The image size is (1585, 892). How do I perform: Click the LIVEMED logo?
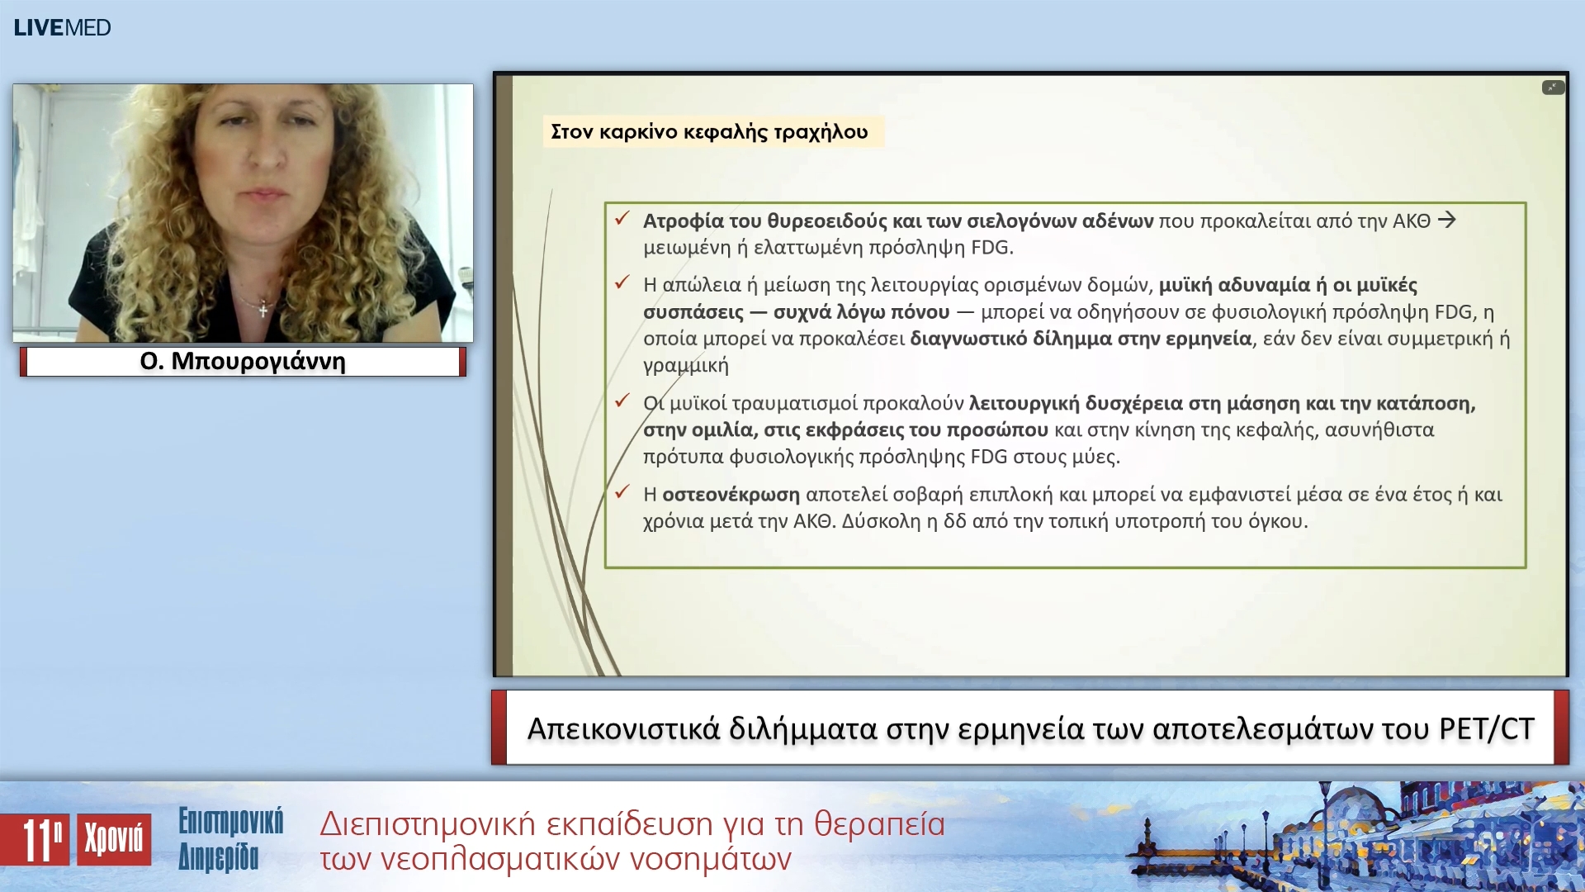[62, 27]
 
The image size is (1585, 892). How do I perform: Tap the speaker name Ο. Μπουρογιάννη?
[243, 362]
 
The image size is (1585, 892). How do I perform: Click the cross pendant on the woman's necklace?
[263, 311]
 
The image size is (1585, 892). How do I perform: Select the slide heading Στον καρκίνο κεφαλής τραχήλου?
[709, 132]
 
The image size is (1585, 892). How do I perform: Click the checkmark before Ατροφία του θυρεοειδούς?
[622, 219]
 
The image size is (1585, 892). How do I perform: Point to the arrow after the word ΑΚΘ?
[1446, 220]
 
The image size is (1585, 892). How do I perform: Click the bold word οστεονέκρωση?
[731, 495]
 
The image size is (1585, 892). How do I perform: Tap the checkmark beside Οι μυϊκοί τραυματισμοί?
[622, 401]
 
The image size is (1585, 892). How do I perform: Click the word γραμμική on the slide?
[686, 365]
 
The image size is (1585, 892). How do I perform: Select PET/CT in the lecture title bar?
[1486, 728]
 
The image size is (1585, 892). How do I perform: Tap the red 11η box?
[35, 840]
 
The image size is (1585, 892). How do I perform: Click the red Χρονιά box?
[114, 839]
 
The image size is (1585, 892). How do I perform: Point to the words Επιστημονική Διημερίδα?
[230, 839]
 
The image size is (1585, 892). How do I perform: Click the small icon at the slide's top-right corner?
[1553, 88]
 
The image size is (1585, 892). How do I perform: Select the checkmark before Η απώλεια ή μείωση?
[622, 282]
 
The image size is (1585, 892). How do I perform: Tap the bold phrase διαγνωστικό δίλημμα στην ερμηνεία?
[1081, 339]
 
